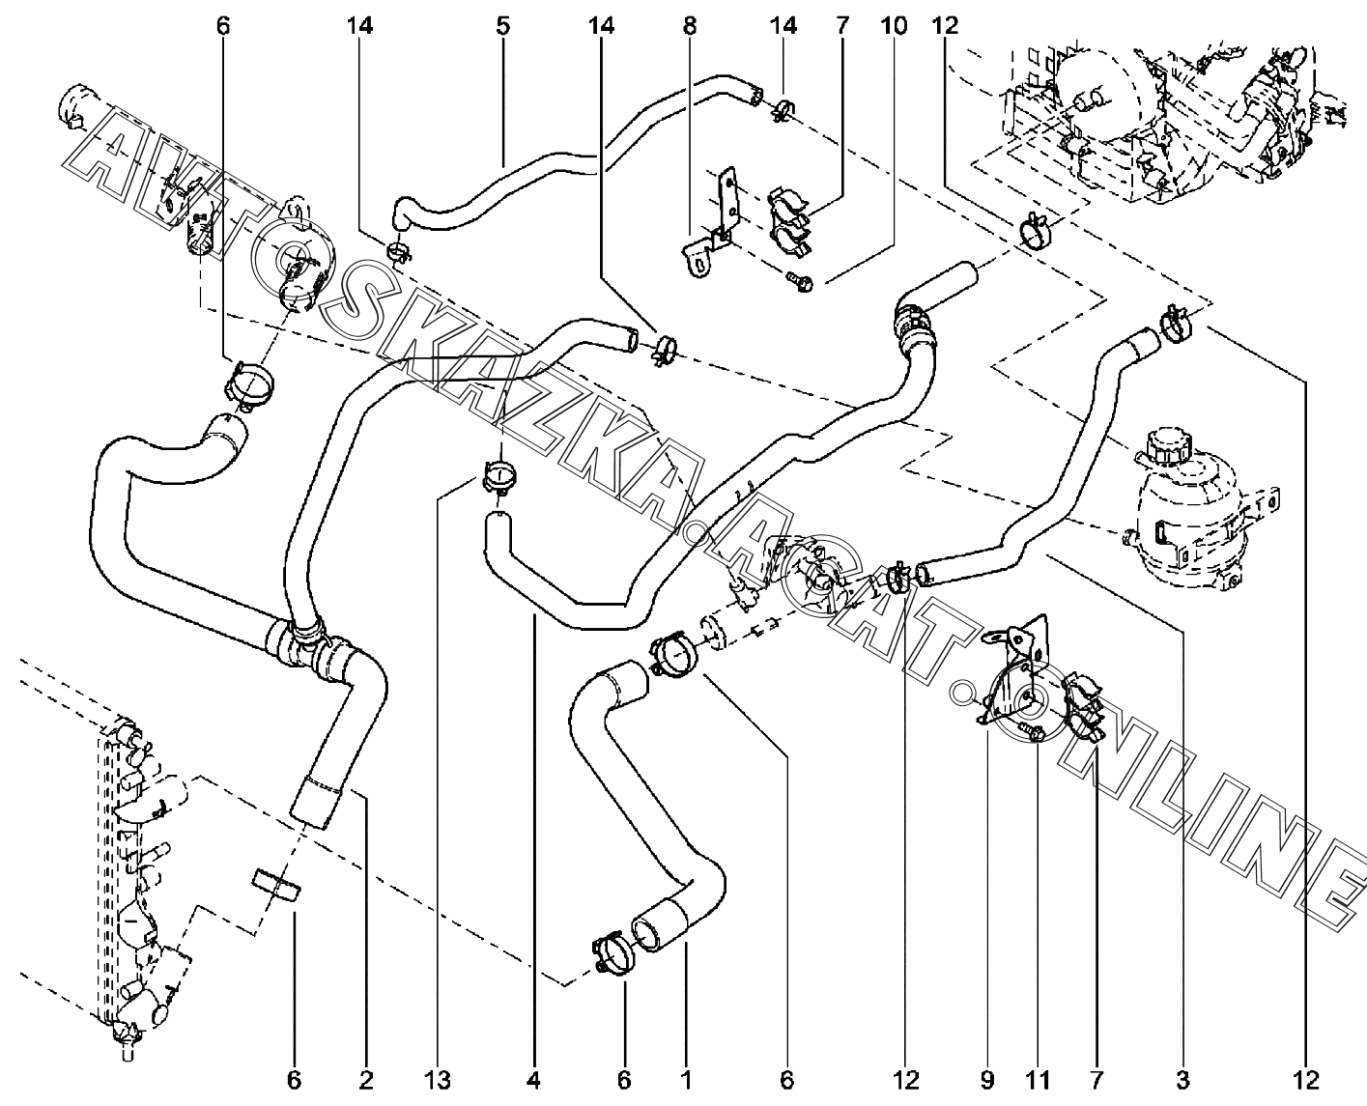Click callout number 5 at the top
tap(502, 26)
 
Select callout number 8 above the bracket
tap(690, 26)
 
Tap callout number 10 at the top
tap(894, 26)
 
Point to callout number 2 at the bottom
tap(366, 1079)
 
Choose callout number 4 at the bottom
tap(534, 1079)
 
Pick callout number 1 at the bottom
tap(686, 1079)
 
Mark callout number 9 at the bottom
tap(986, 1079)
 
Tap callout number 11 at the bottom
tap(1036, 1079)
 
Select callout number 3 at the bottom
tap(1183, 1079)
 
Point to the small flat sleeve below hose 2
tap(276, 884)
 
